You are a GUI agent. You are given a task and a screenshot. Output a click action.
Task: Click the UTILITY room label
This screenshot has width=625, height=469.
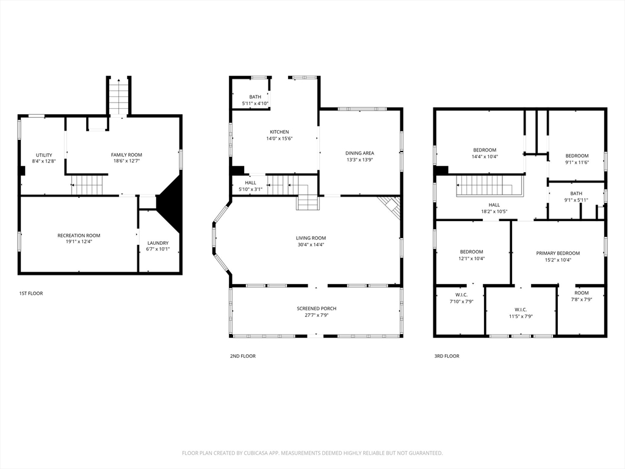pyautogui.click(x=44, y=155)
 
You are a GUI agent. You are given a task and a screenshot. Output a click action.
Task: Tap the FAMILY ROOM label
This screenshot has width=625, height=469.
pyautogui.click(x=126, y=155)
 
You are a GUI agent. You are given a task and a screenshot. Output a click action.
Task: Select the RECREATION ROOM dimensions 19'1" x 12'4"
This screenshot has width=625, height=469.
pyautogui.click(x=79, y=241)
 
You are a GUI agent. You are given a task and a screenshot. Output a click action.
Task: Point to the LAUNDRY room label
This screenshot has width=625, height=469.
pyautogui.click(x=157, y=243)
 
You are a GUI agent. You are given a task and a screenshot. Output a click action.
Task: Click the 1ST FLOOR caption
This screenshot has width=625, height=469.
pyautogui.click(x=31, y=294)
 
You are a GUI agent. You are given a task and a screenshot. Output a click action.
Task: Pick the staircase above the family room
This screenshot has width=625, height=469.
pyautogui.click(x=119, y=96)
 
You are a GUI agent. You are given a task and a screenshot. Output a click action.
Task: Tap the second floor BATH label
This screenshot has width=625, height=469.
pyautogui.click(x=255, y=97)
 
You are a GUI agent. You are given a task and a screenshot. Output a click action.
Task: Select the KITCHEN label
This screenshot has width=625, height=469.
pyautogui.click(x=280, y=132)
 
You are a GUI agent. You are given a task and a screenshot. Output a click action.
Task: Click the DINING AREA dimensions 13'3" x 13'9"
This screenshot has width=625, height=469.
pyautogui.click(x=359, y=160)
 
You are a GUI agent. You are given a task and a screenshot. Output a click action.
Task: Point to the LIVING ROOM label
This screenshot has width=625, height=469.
pyautogui.click(x=311, y=238)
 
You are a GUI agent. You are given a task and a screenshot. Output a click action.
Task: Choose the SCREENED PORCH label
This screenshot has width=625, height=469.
pyautogui.click(x=316, y=308)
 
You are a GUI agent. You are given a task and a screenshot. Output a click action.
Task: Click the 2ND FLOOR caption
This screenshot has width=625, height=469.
pyautogui.click(x=243, y=356)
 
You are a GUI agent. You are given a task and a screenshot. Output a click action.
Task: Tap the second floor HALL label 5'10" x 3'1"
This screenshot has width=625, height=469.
pyautogui.click(x=251, y=182)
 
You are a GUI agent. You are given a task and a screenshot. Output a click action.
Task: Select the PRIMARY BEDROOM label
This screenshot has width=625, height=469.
pyautogui.click(x=558, y=253)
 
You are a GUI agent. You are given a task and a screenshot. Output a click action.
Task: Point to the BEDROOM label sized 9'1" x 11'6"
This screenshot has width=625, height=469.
pyautogui.click(x=577, y=156)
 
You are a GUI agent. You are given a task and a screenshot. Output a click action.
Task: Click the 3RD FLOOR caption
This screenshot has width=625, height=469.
pyautogui.click(x=447, y=356)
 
